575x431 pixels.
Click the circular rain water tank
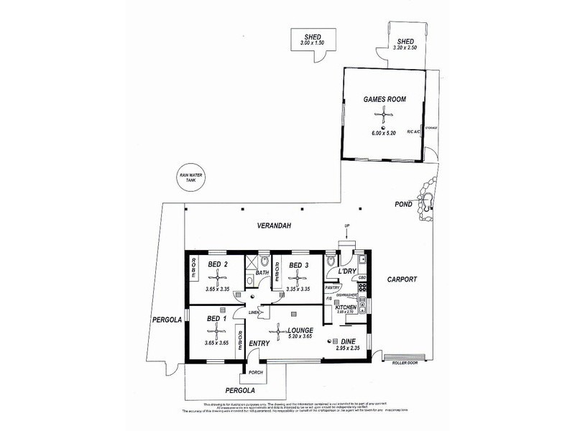tap(191, 177)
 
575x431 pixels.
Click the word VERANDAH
tap(274, 227)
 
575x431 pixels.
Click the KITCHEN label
tap(346, 307)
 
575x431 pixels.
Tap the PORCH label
tap(256, 373)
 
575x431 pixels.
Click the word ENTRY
tap(259, 343)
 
